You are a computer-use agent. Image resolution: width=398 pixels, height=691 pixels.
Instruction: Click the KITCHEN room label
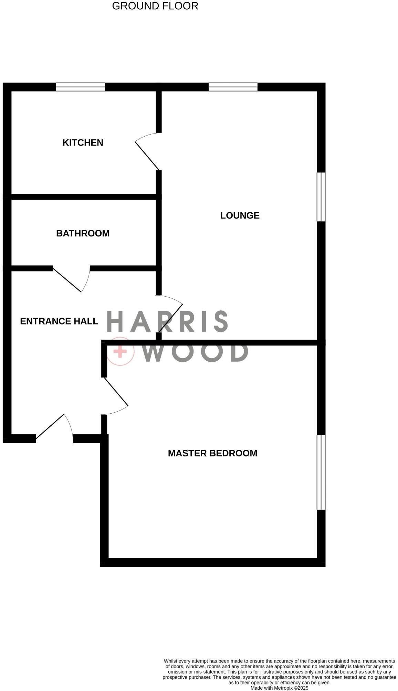click(83, 142)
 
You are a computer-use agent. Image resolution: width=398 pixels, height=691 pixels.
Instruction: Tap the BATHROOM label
click(83, 233)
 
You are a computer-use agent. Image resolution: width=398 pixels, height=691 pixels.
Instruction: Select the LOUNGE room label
click(240, 215)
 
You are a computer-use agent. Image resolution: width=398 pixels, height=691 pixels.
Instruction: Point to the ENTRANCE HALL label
click(59, 321)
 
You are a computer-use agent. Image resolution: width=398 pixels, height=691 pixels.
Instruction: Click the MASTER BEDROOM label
click(212, 453)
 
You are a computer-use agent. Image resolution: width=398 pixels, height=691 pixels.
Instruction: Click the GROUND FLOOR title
click(155, 6)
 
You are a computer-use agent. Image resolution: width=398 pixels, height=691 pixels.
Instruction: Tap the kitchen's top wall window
click(80, 87)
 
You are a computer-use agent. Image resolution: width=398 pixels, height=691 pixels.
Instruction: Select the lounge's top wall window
click(233, 87)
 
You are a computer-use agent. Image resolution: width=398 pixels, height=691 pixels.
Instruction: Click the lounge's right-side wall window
click(321, 197)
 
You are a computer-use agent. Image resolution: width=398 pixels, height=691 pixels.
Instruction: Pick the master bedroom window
click(321, 472)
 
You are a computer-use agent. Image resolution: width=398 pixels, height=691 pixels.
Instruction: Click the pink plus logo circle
click(120, 351)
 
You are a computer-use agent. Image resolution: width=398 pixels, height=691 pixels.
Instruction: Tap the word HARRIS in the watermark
click(167, 321)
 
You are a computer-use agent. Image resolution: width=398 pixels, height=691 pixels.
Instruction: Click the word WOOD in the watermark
click(196, 352)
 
